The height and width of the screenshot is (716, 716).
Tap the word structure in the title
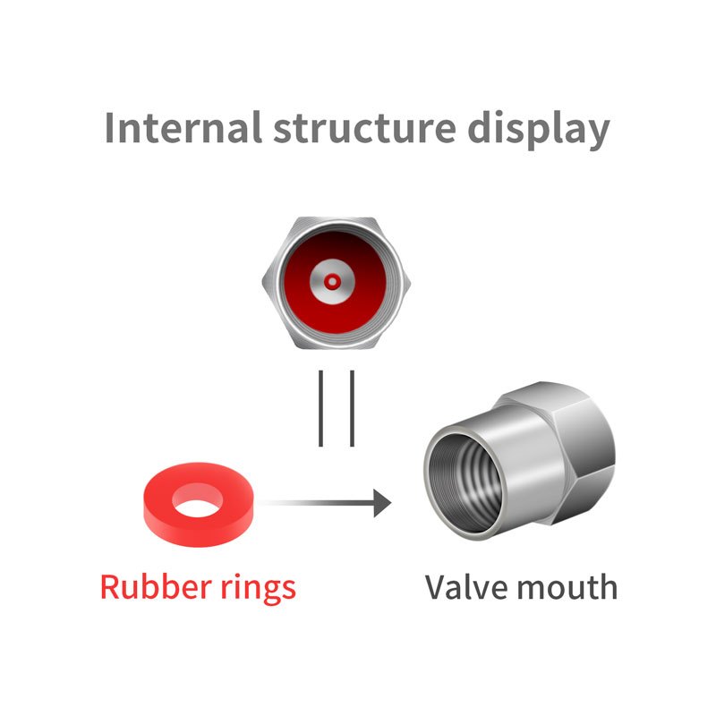pyautogui.click(x=364, y=127)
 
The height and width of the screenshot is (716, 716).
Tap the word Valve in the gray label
pyautogui.click(x=460, y=587)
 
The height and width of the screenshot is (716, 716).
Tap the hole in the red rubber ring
pyautogui.click(x=199, y=505)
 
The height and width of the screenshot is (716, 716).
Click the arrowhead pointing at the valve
pyautogui.click(x=383, y=503)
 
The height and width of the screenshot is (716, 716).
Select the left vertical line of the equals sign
pyautogui.click(x=321, y=408)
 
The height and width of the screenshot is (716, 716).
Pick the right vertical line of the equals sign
pyautogui.click(x=352, y=408)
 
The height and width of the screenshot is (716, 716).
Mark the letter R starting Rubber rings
pyautogui.click(x=110, y=587)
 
